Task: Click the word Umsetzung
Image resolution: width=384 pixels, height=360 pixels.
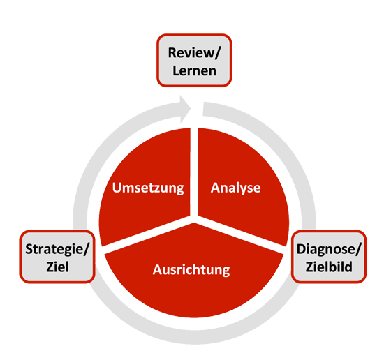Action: (x=148, y=188)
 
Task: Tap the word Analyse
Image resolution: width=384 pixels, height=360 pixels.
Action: (x=235, y=188)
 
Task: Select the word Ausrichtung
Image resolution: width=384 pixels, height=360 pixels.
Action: (x=191, y=270)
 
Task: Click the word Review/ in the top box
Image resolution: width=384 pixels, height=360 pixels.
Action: (x=194, y=53)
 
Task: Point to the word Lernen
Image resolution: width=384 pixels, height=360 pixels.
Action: (x=194, y=70)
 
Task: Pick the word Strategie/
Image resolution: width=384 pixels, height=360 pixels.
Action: (x=57, y=249)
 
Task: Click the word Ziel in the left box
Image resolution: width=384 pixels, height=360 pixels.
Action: (x=57, y=267)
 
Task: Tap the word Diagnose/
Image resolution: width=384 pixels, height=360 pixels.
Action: (x=329, y=249)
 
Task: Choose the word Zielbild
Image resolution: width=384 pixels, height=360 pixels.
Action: (x=329, y=267)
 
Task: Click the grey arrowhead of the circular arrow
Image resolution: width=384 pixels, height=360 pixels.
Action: (x=185, y=109)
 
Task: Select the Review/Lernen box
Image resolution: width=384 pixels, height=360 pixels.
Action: (x=194, y=60)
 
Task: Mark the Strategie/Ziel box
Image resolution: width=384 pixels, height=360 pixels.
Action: (x=57, y=257)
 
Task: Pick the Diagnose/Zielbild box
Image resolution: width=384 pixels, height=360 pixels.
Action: (x=329, y=257)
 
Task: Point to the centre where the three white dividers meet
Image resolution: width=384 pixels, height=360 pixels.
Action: (x=194, y=219)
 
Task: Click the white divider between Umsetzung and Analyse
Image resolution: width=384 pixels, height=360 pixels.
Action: (x=194, y=172)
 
